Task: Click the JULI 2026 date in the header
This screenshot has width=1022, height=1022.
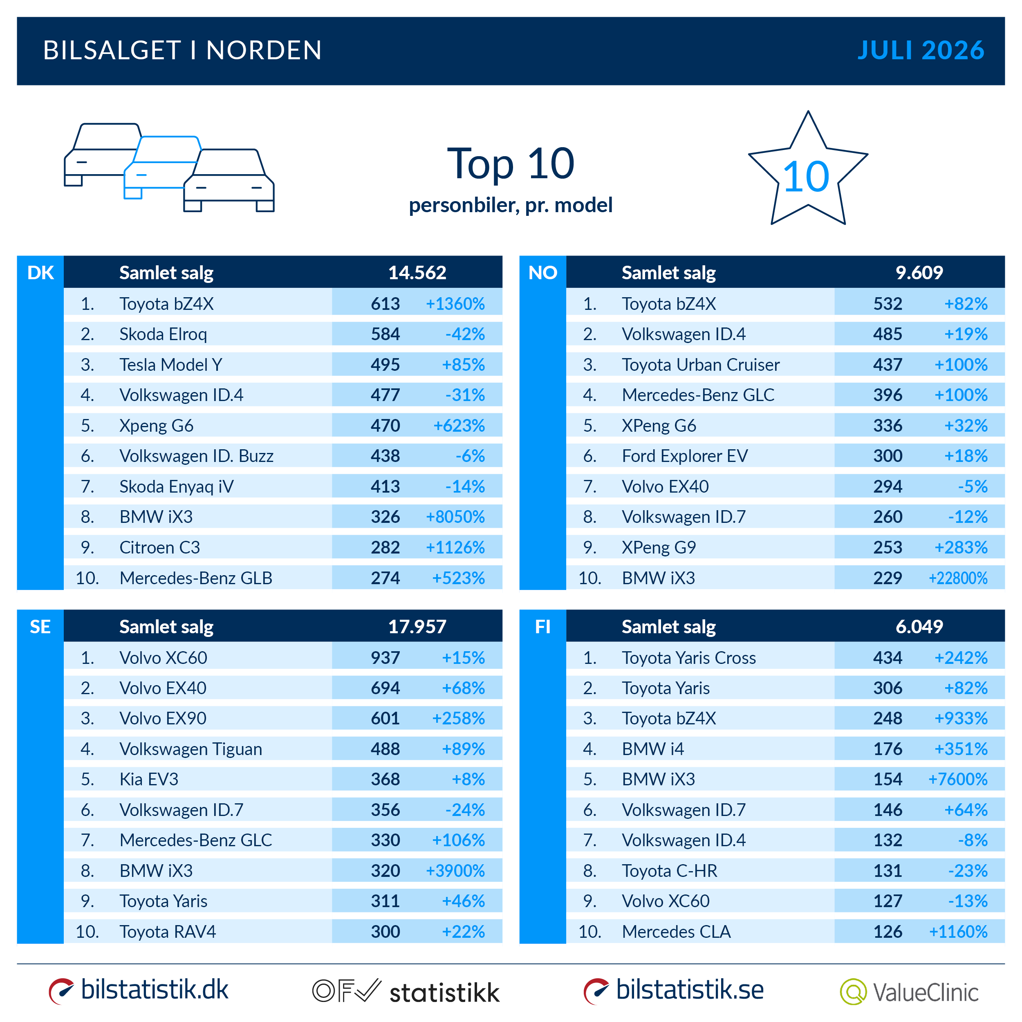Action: click(x=921, y=51)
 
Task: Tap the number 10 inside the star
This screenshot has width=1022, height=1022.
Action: click(x=806, y=177)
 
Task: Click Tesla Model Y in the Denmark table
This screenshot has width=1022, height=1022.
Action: click(x=170, y=365)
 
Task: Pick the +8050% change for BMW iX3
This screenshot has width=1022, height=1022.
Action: click(x=455, y=516)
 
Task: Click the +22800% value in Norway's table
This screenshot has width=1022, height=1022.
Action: click(x=957, y=578)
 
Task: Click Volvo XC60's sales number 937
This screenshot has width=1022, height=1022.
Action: click(x=385, y=657)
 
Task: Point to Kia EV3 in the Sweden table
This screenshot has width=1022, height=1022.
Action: click(x=149, y=779)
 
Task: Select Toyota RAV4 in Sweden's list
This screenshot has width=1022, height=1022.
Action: click(x=168, y=932)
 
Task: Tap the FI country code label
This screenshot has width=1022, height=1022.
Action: click(x=543, y=627)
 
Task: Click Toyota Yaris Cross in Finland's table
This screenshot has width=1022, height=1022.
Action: click(x=689, y=657)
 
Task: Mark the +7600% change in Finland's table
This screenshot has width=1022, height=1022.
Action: click(x=957, y=779)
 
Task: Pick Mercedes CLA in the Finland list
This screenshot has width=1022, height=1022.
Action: click(x=676, y=932)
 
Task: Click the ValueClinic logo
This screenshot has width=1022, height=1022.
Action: click(x=909, y=992)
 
